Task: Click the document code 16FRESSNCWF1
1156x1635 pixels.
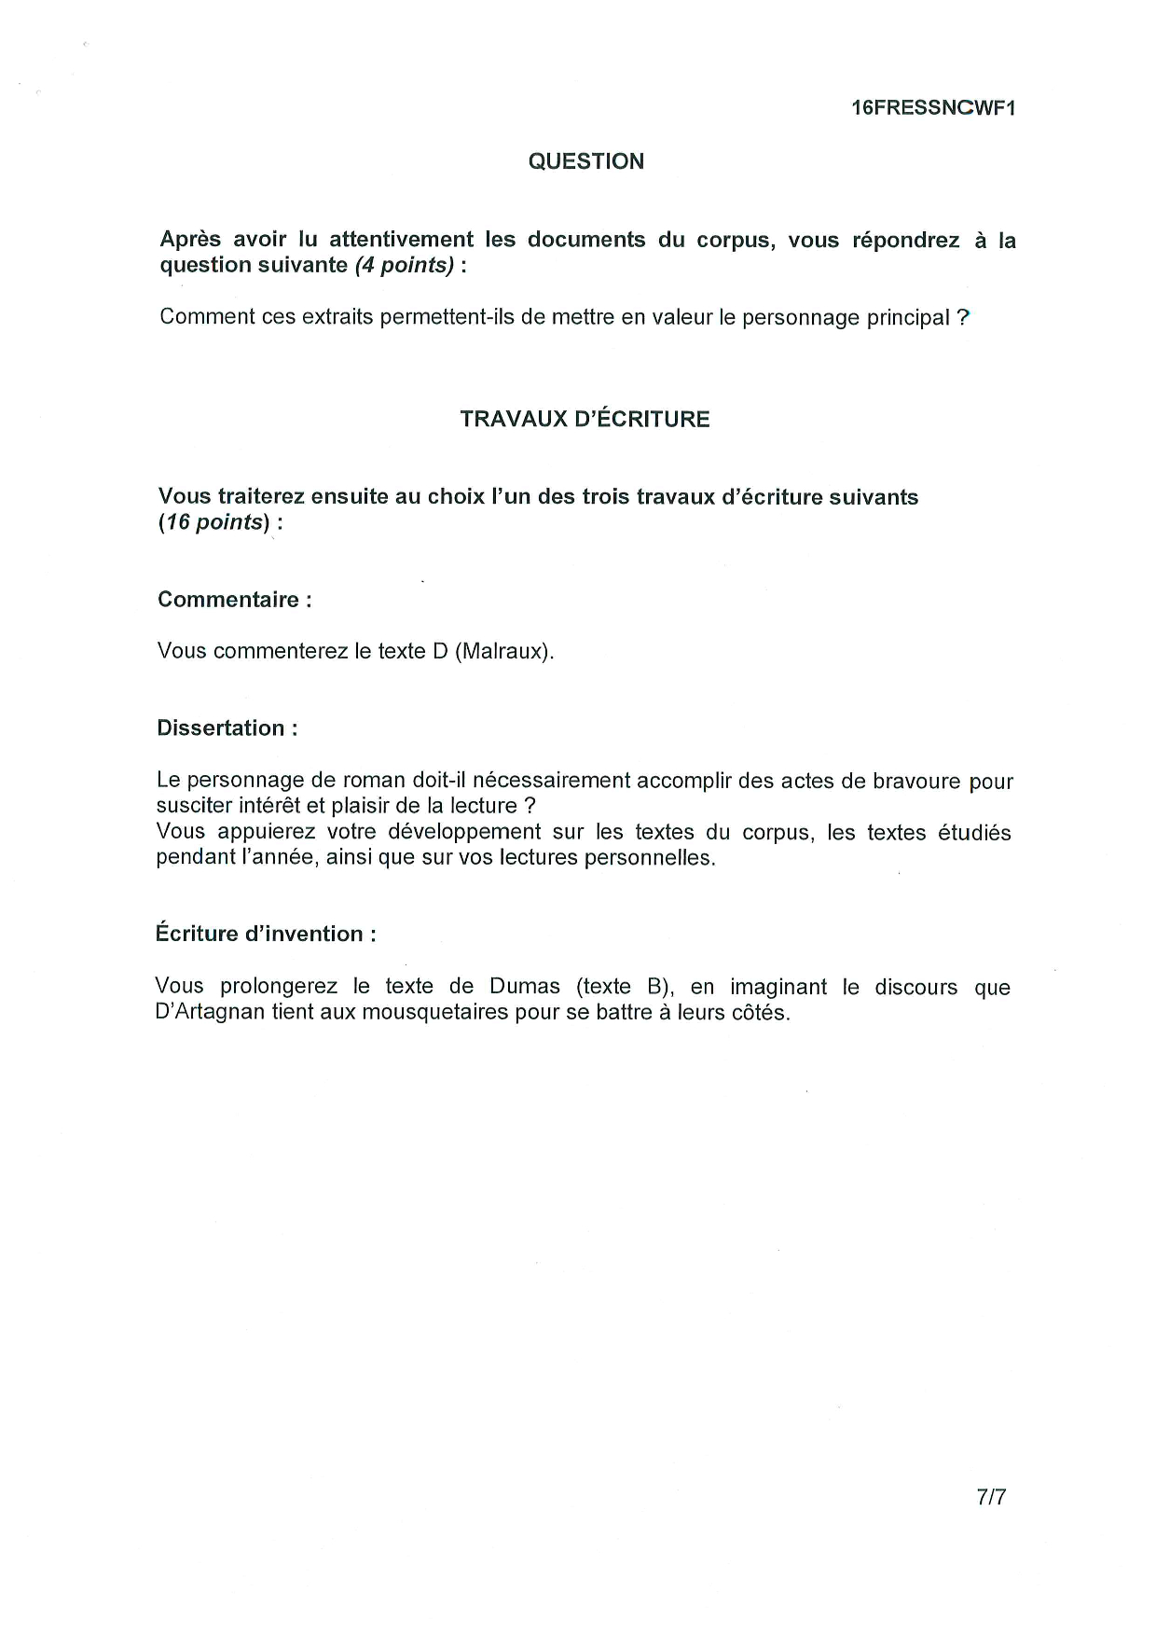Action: pyautogui.click(x=933, y=108)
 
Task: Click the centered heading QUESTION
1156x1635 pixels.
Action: pyautogui.click(x=585, y=161)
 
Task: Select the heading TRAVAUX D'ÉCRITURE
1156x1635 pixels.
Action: pyautogui.click(x=585, y=419)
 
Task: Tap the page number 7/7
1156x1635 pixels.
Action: pyautogui.click(x=991, y=1497)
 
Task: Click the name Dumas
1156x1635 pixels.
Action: pyautogui.click(x=525, y=987)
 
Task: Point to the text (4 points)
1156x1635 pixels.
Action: pyautogui.click(x=405, y=265)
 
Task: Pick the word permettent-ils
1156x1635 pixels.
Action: pyautogui.click(x=447, y=317)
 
